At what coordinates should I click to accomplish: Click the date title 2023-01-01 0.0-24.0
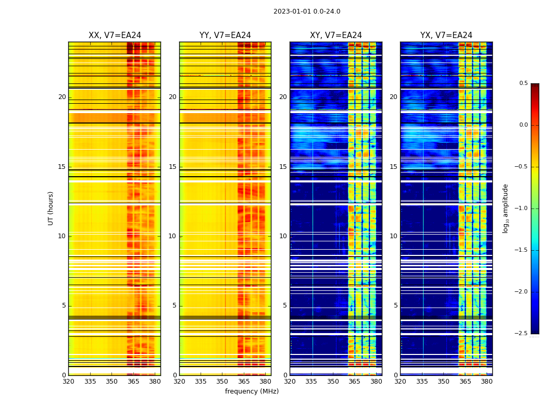click(x=307, y=11)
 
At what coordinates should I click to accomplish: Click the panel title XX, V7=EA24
click(x=115, y=35)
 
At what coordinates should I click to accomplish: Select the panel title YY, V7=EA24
click(x=225, y=35)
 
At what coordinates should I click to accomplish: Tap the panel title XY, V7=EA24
click(x=335, y=35)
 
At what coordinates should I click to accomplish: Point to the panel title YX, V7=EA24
click(x=446, y=35)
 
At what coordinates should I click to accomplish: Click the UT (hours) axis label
click(x=51, y=208)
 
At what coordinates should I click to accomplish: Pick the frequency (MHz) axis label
click(x=252, y=391)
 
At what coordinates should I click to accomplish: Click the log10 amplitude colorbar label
click(x=505, y=208)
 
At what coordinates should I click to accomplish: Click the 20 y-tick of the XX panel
click(x=62, y=97)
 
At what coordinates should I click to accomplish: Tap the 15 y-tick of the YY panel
click(x=172, y=167)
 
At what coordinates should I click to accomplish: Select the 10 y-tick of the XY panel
click(x=283, y=236)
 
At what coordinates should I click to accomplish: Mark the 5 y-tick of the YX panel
click(x=395, y=305)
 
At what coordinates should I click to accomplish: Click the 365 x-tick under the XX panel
click(x=133, y=381)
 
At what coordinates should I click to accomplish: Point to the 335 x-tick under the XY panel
click(x=311, y=381)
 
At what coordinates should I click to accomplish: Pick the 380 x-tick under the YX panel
click(x=487, y=381)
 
